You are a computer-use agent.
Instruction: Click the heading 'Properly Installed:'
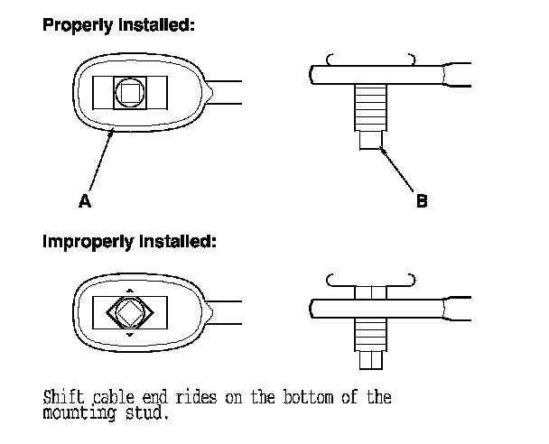coord(118,25)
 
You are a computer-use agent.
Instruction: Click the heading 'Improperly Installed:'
coord(126,242)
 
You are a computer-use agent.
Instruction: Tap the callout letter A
coord(84,202)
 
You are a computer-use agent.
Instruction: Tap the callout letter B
coord(422,202)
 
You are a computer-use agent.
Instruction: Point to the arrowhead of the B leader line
coord(382,148)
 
